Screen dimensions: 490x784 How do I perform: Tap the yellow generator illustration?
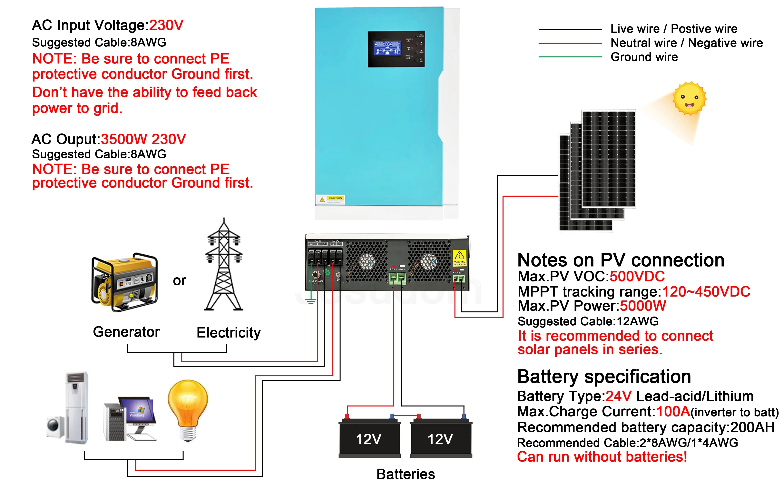[x=125, y=282]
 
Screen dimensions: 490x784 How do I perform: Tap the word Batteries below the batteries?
[x=405, y=474]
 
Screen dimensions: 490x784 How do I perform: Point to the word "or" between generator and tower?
[x=179, y=281]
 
